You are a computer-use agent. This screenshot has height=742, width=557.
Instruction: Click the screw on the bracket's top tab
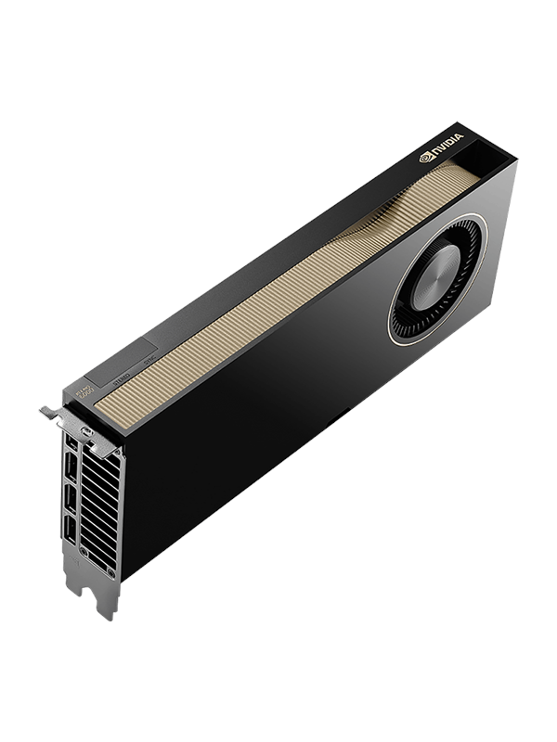tap(86, 432)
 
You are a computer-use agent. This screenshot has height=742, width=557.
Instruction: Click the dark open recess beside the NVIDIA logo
tap(487, 149)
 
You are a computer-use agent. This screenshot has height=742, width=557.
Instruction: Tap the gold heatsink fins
tap(278, 288)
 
